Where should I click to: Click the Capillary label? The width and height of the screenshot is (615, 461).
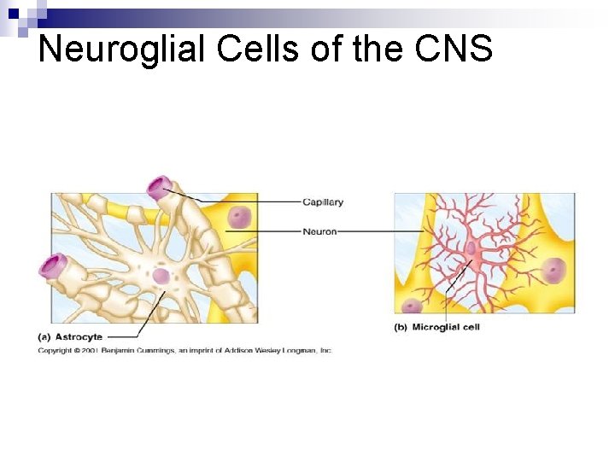pos(323,202)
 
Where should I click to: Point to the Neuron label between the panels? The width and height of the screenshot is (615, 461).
pos(319,231)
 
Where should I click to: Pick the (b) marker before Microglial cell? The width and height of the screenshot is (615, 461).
pos(400,327)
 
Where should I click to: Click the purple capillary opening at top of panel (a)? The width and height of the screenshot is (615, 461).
pos(159,188)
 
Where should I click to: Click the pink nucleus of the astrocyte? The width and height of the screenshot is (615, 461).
pos(161,276)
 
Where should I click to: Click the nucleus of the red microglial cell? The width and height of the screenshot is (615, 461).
pos(471,248)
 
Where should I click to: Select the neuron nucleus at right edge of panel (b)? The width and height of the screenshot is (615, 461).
pos(553,271)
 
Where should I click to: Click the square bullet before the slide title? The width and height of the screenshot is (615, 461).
pos(13,14)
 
